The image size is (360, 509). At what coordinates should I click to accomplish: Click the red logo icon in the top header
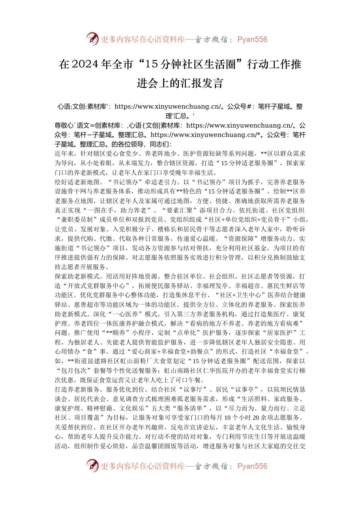[x=92, y=39]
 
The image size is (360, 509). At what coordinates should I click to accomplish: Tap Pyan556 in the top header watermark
[x=252, y=39]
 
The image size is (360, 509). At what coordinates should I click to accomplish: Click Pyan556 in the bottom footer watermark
[x=252, y=466]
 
